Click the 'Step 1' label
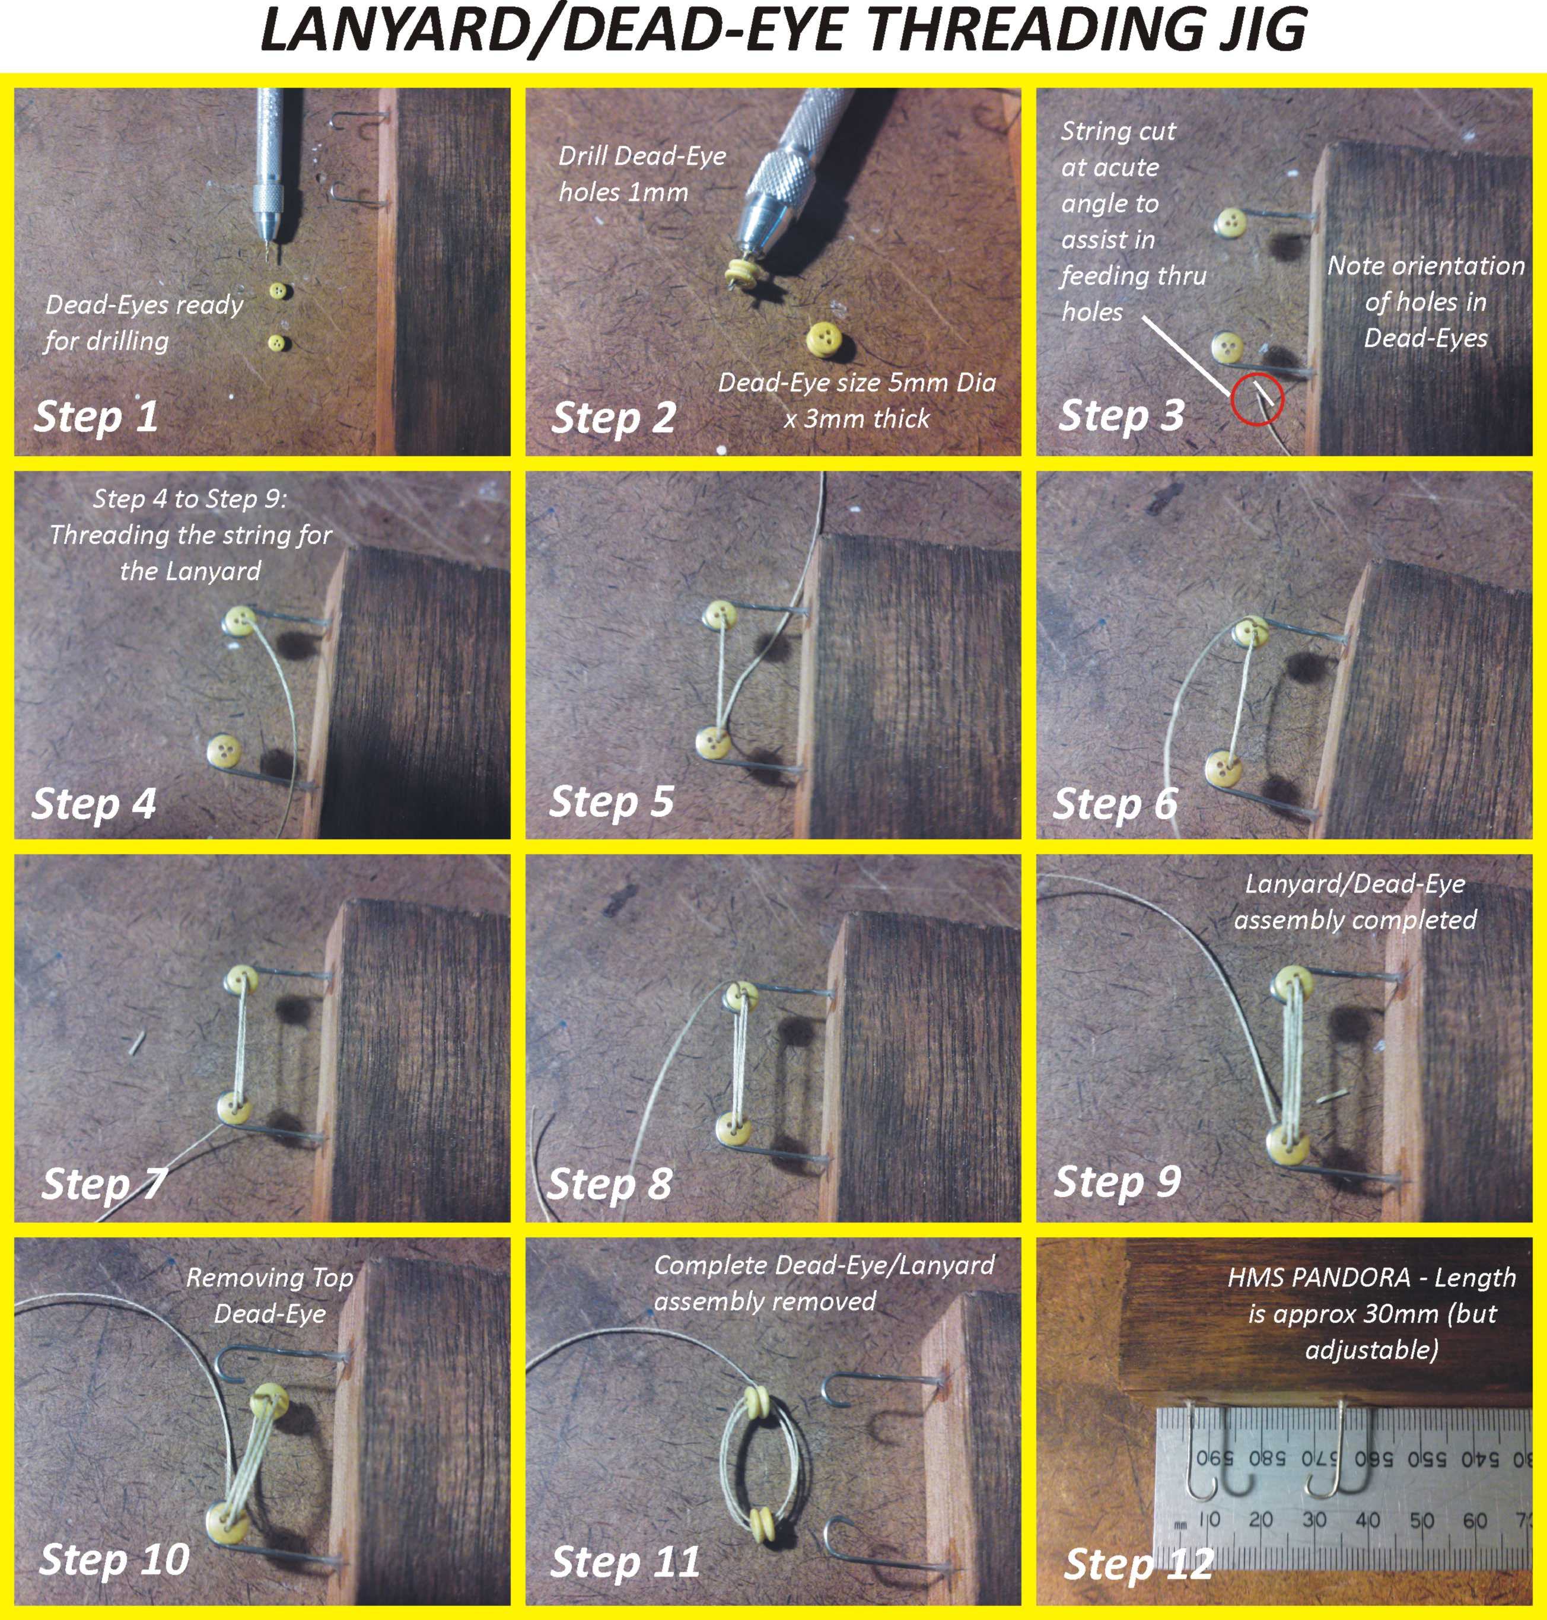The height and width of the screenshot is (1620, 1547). coord(96,415)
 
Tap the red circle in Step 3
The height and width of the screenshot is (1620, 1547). coord(1258,402)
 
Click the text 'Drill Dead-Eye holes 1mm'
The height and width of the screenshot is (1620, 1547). coord(642,174)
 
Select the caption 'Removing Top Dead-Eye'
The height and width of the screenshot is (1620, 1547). coord(270,1295)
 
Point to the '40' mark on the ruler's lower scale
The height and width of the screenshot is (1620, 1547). coord(1367,1519)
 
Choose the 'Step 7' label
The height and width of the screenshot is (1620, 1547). coord(104,1184)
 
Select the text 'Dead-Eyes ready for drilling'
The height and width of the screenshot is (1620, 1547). coord(144,322)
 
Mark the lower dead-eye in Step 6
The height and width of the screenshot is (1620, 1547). coord(1224,768)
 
